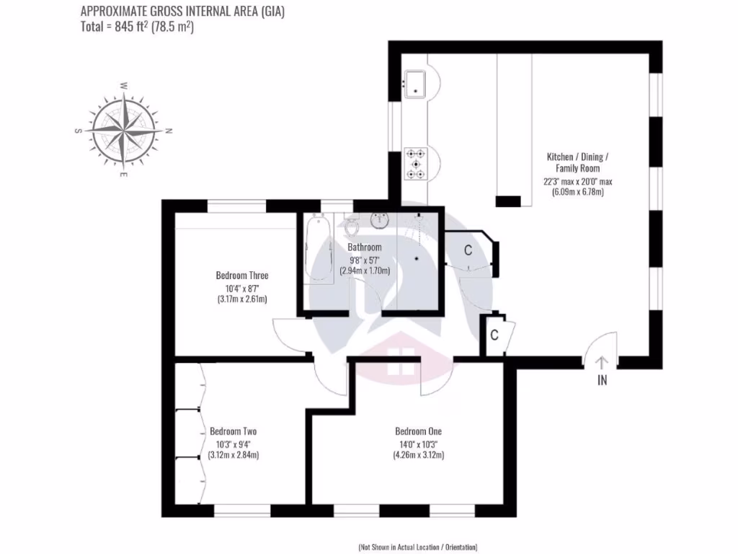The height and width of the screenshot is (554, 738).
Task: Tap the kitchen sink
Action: click(416, 83)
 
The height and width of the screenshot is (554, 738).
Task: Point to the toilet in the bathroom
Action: click(352, 226)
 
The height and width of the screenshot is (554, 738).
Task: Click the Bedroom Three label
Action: click(242, 276)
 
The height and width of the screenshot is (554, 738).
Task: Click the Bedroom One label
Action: click(418, 431)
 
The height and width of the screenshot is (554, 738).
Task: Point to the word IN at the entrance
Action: click(603, 381)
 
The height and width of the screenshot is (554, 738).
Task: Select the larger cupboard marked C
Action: click(468, 250)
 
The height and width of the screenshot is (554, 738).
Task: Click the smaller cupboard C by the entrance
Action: click(494, 335)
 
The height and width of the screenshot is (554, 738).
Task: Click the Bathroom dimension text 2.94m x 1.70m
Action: click(365, 271)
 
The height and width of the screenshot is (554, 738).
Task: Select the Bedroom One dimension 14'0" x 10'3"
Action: click(418, 444)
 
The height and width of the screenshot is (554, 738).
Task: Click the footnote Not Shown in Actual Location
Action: click(418, 546)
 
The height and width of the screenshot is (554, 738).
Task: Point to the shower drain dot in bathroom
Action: click(417, 258)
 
